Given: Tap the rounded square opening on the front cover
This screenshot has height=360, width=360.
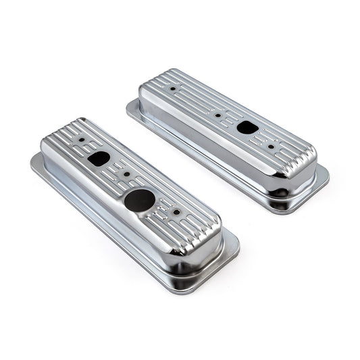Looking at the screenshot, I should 99,159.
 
